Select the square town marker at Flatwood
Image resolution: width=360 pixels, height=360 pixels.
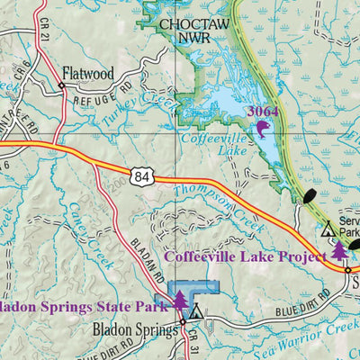(x=61, y=86)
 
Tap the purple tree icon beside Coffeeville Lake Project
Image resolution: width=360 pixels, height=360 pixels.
(x=339, y=251)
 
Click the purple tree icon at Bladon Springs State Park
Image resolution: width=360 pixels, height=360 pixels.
(x=180, y=300)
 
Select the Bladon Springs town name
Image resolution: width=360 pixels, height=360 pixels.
(x=135, y=329)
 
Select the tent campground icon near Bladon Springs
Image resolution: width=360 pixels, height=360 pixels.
(x=196, y=312)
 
